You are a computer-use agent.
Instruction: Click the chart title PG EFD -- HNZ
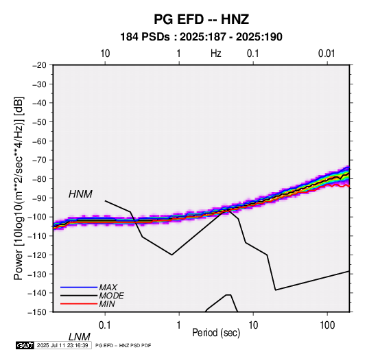point(201,19)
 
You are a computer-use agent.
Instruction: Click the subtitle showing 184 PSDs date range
point(201,37)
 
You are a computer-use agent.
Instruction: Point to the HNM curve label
point(80,194)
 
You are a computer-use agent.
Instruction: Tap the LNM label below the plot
point(79,337)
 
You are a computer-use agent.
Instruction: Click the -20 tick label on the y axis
point(39,65)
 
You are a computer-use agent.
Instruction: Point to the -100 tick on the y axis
point(38,217)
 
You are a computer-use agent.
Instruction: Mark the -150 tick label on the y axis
point(38,312)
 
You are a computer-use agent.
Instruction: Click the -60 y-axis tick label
point(39,141)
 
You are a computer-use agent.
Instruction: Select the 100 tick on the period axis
point(327,325)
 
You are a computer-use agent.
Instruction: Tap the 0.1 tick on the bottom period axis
point(105,325)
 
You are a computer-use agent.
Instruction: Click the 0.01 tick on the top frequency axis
point(327,54)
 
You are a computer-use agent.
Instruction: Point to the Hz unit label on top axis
point(216,54)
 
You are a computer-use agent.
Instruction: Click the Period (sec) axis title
point(216,333)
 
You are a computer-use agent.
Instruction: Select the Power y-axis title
point(19,188)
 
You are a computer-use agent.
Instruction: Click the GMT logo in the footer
point(25,345)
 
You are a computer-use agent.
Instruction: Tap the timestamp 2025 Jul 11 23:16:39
point(62,345)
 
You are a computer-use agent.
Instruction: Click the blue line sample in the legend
point(79,287)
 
